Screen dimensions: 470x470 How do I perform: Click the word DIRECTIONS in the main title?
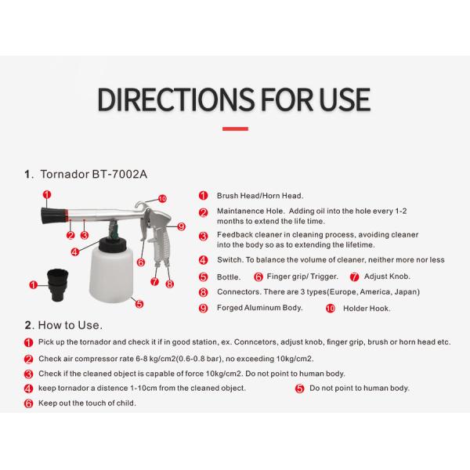point(176,99)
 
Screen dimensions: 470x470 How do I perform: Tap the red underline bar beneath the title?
point(235,129)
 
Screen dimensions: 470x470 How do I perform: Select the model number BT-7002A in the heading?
point(120,174)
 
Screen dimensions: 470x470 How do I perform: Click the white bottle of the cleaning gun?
point(110,276)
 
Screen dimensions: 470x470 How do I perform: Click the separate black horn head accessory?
point(57,285)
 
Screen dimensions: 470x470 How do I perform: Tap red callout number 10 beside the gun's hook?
point(162,199)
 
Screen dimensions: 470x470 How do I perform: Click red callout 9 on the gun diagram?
point(182,226)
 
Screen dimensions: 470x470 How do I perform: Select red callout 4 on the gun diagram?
point(74,252)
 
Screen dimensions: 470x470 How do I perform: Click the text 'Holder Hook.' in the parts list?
point(367,309)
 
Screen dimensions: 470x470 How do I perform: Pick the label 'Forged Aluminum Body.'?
point(259,308)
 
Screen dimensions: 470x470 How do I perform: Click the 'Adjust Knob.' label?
point(387,277)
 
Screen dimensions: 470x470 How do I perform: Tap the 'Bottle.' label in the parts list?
point(229,277)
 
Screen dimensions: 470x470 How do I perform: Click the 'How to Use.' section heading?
point(70,325)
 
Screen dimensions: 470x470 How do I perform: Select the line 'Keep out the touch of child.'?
point(87,403)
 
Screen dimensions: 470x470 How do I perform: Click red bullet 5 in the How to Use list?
point(300,389)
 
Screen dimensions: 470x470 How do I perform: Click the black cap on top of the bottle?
point(110,244)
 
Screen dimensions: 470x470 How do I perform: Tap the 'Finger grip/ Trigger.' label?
point(302,277)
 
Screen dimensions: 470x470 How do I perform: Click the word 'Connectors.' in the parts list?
point(239,292)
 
